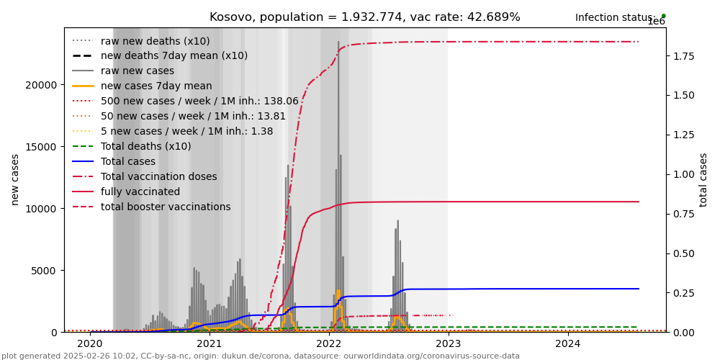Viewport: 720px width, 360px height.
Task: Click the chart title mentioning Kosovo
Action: (x=364, y=17)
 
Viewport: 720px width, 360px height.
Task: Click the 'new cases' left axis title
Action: (x=15, y=179)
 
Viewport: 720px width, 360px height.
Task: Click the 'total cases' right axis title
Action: (x=703, y=179)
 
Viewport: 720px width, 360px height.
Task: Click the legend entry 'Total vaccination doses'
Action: (x=158, y=177)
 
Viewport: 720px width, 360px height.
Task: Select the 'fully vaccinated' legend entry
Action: (x=140, y=192)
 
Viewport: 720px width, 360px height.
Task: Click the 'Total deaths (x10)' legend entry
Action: (x=146, y=147)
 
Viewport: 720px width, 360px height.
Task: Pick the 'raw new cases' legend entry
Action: (x=138, y=71)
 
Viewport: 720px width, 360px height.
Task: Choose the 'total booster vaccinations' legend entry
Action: (x=166, y=207)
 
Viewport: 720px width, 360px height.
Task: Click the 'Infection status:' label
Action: (x=615, y=17)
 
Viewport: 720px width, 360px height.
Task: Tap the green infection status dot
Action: (x=663, y=16)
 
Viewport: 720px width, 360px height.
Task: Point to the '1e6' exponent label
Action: (x=656, y=22)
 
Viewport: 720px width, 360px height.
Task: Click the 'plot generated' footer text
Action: (x=260, y=356)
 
